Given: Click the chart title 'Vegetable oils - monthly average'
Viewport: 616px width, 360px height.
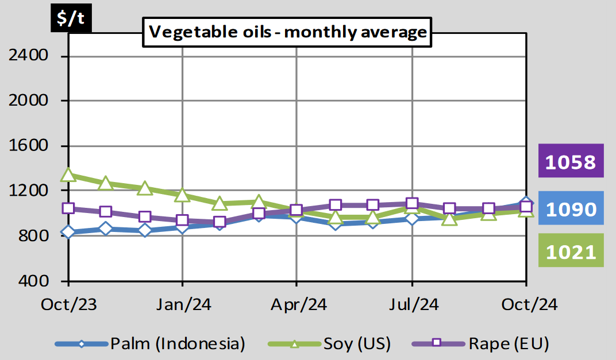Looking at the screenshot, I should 287,32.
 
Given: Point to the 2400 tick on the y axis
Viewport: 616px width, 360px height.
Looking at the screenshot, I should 36,56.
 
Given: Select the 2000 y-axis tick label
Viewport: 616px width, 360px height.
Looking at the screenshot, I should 36,100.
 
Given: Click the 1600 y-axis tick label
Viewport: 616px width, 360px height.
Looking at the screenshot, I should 36,146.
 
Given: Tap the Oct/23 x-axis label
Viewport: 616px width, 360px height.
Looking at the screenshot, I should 68,304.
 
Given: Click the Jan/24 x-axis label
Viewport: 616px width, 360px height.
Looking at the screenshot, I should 183,304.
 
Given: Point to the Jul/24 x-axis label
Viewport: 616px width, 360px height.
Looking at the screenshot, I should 411,304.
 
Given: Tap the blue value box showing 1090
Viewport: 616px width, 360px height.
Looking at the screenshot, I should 571,209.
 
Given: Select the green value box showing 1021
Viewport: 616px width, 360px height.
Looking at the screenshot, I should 571,251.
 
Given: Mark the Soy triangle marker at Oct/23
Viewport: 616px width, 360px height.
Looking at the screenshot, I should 68,175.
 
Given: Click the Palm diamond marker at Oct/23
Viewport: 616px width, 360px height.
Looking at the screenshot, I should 68,232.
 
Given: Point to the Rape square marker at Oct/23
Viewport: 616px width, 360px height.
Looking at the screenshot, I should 68,208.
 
